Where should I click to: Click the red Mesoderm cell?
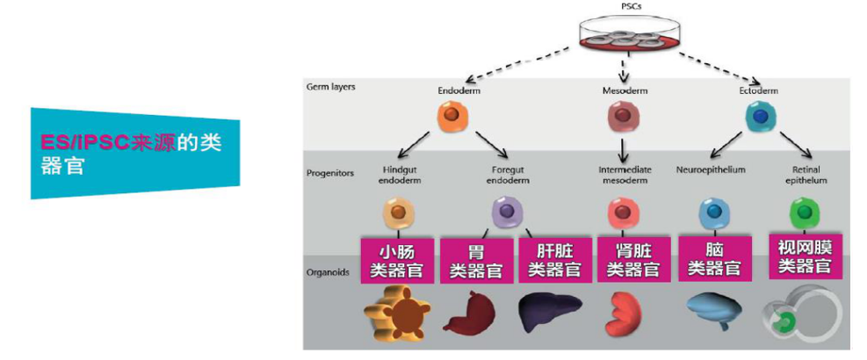click(x=624, y=117)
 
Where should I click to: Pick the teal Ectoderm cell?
click(x=758, y=116)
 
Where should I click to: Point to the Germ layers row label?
click(x=331, y=87)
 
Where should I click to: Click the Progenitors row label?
click(x=330, y=173)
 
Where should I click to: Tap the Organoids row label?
click(x=328, y=272)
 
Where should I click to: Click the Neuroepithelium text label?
click(x=711, y=169)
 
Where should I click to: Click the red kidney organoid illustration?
click(x=625, y=314)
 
